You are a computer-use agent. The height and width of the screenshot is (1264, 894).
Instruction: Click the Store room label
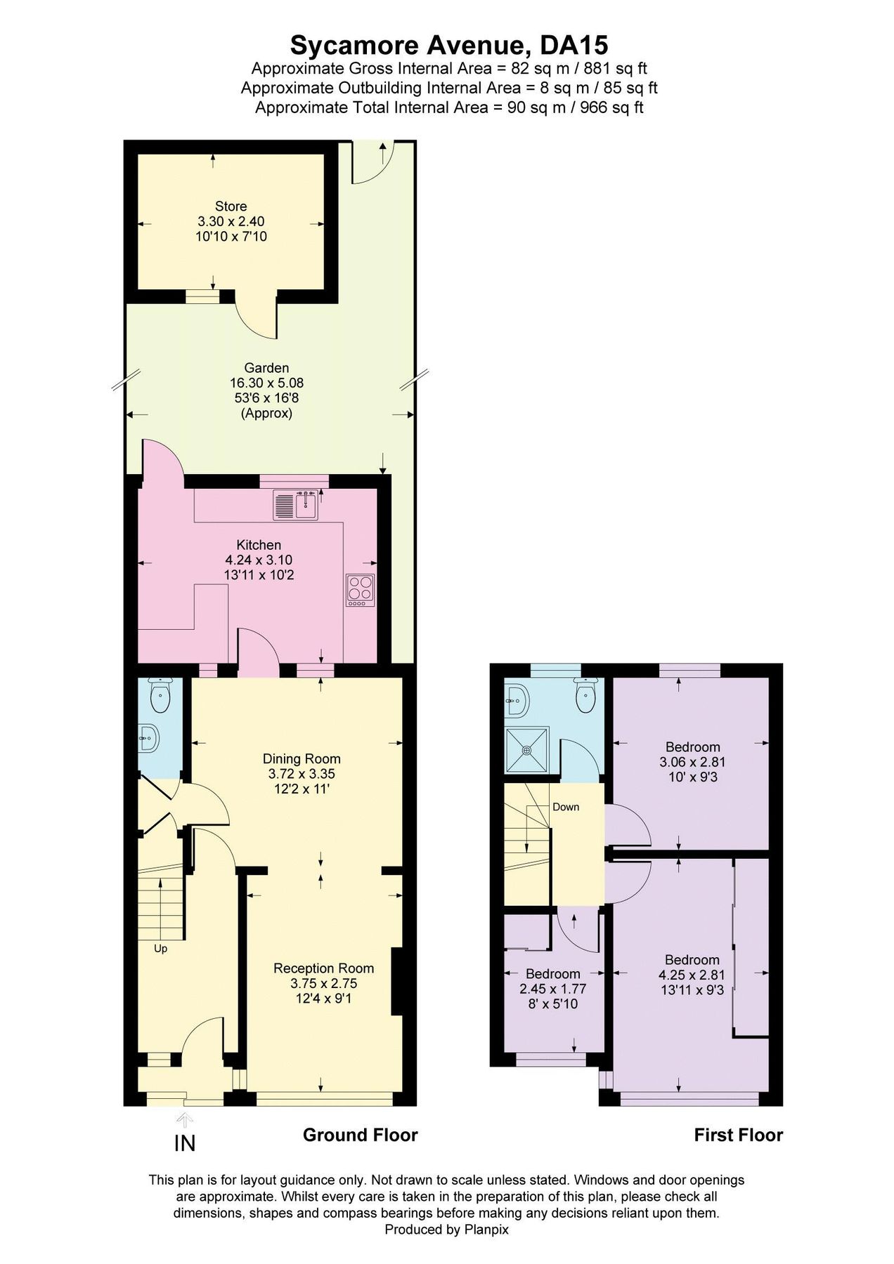(x=231, y=206)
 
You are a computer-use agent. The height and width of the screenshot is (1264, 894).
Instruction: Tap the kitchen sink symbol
(x=296, y=504)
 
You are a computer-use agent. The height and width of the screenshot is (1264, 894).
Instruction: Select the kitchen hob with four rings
(x=361, y=590)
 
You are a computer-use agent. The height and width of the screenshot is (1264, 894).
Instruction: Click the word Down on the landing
(x=565, y=807)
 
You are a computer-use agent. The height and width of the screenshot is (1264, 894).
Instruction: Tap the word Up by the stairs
(x=160, y=949)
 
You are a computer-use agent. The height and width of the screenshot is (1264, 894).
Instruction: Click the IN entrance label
(x=184, y=1144)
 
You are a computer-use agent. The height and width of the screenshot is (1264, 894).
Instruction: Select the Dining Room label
(x=302, y=758)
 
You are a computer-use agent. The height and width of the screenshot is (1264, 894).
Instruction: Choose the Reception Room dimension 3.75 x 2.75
(x=323, y=984)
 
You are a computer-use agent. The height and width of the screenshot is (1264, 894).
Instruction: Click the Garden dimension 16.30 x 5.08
(x=266, y=383)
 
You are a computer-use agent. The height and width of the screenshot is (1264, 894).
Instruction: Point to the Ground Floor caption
(x=360, y=1135)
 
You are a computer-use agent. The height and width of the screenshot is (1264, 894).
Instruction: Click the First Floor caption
(x=738, y=1135)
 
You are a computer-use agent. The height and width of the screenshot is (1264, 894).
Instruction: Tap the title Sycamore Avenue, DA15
(x=448, y=46)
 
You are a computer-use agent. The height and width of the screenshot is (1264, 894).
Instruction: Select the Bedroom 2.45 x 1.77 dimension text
(x=552, y=989)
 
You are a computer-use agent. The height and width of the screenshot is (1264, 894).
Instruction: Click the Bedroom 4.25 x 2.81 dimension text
(x=692, y=975)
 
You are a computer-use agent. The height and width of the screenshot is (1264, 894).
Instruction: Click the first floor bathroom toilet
(x=585, y=696)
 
